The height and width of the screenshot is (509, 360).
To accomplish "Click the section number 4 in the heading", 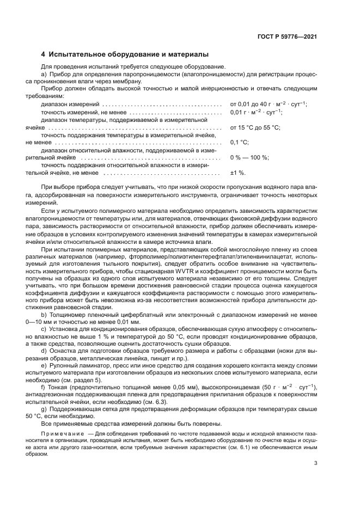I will click(x=44, y=54).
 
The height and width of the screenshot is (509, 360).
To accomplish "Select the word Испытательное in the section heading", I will click(x=77, y=54).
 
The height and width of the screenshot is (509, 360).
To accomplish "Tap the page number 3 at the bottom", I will click(x=315, y=463).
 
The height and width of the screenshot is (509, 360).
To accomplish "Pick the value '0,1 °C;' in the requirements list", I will click(x=240, y=142).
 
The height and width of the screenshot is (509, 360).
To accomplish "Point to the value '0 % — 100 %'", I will click(x=249, y=157).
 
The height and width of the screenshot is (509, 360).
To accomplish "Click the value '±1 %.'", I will click(x=238, y=173).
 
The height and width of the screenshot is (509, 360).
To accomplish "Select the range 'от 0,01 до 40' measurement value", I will click(x=249, y=104).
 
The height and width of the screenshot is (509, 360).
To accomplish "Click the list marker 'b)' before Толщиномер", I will click(x=44, y=315).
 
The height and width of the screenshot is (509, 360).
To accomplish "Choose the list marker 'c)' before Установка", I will click(x=44, y=330).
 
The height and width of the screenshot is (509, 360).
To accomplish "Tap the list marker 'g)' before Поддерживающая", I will click(x=44, y=408).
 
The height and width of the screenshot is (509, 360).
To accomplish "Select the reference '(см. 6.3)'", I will click(x=152, y=402).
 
